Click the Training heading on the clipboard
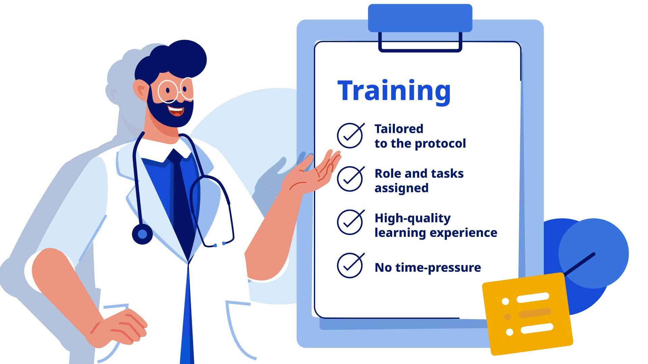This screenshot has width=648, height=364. [394, 91]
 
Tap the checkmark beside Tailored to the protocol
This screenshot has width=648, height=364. [351, 135]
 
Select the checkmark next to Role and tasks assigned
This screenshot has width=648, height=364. [351, 179]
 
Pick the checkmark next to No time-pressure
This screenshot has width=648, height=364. [351, 265]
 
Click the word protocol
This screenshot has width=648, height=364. [440, 144]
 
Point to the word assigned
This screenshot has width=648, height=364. [402, 188]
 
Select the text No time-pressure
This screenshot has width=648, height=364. [428, 268]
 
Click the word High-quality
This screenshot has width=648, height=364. [413, 218]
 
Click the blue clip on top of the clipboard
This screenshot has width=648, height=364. [420, 18]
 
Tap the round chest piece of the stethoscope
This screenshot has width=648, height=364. [142, 234]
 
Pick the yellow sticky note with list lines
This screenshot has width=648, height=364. [528, 313]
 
